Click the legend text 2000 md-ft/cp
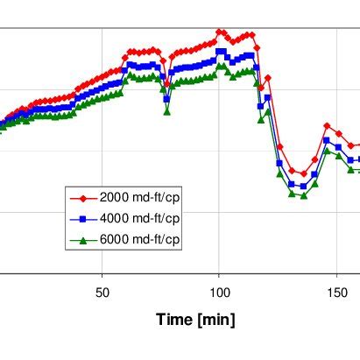coord(140,195)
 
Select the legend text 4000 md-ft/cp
coord(140,217)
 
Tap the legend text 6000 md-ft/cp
coord(140,239)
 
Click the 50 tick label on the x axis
coord(102,292)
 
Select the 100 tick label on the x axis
coord(220,292)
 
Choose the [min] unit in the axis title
coord(215,321)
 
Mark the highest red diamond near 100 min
coord(220,32)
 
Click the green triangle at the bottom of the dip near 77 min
coord(166,111)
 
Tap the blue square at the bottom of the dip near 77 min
coord(166,99)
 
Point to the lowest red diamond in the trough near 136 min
coord(303,174)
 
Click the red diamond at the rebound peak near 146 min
coord(327,126)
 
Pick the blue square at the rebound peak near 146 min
coord(327,140)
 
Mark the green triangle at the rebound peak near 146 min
coord(327,151)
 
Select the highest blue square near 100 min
coord(220,52)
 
